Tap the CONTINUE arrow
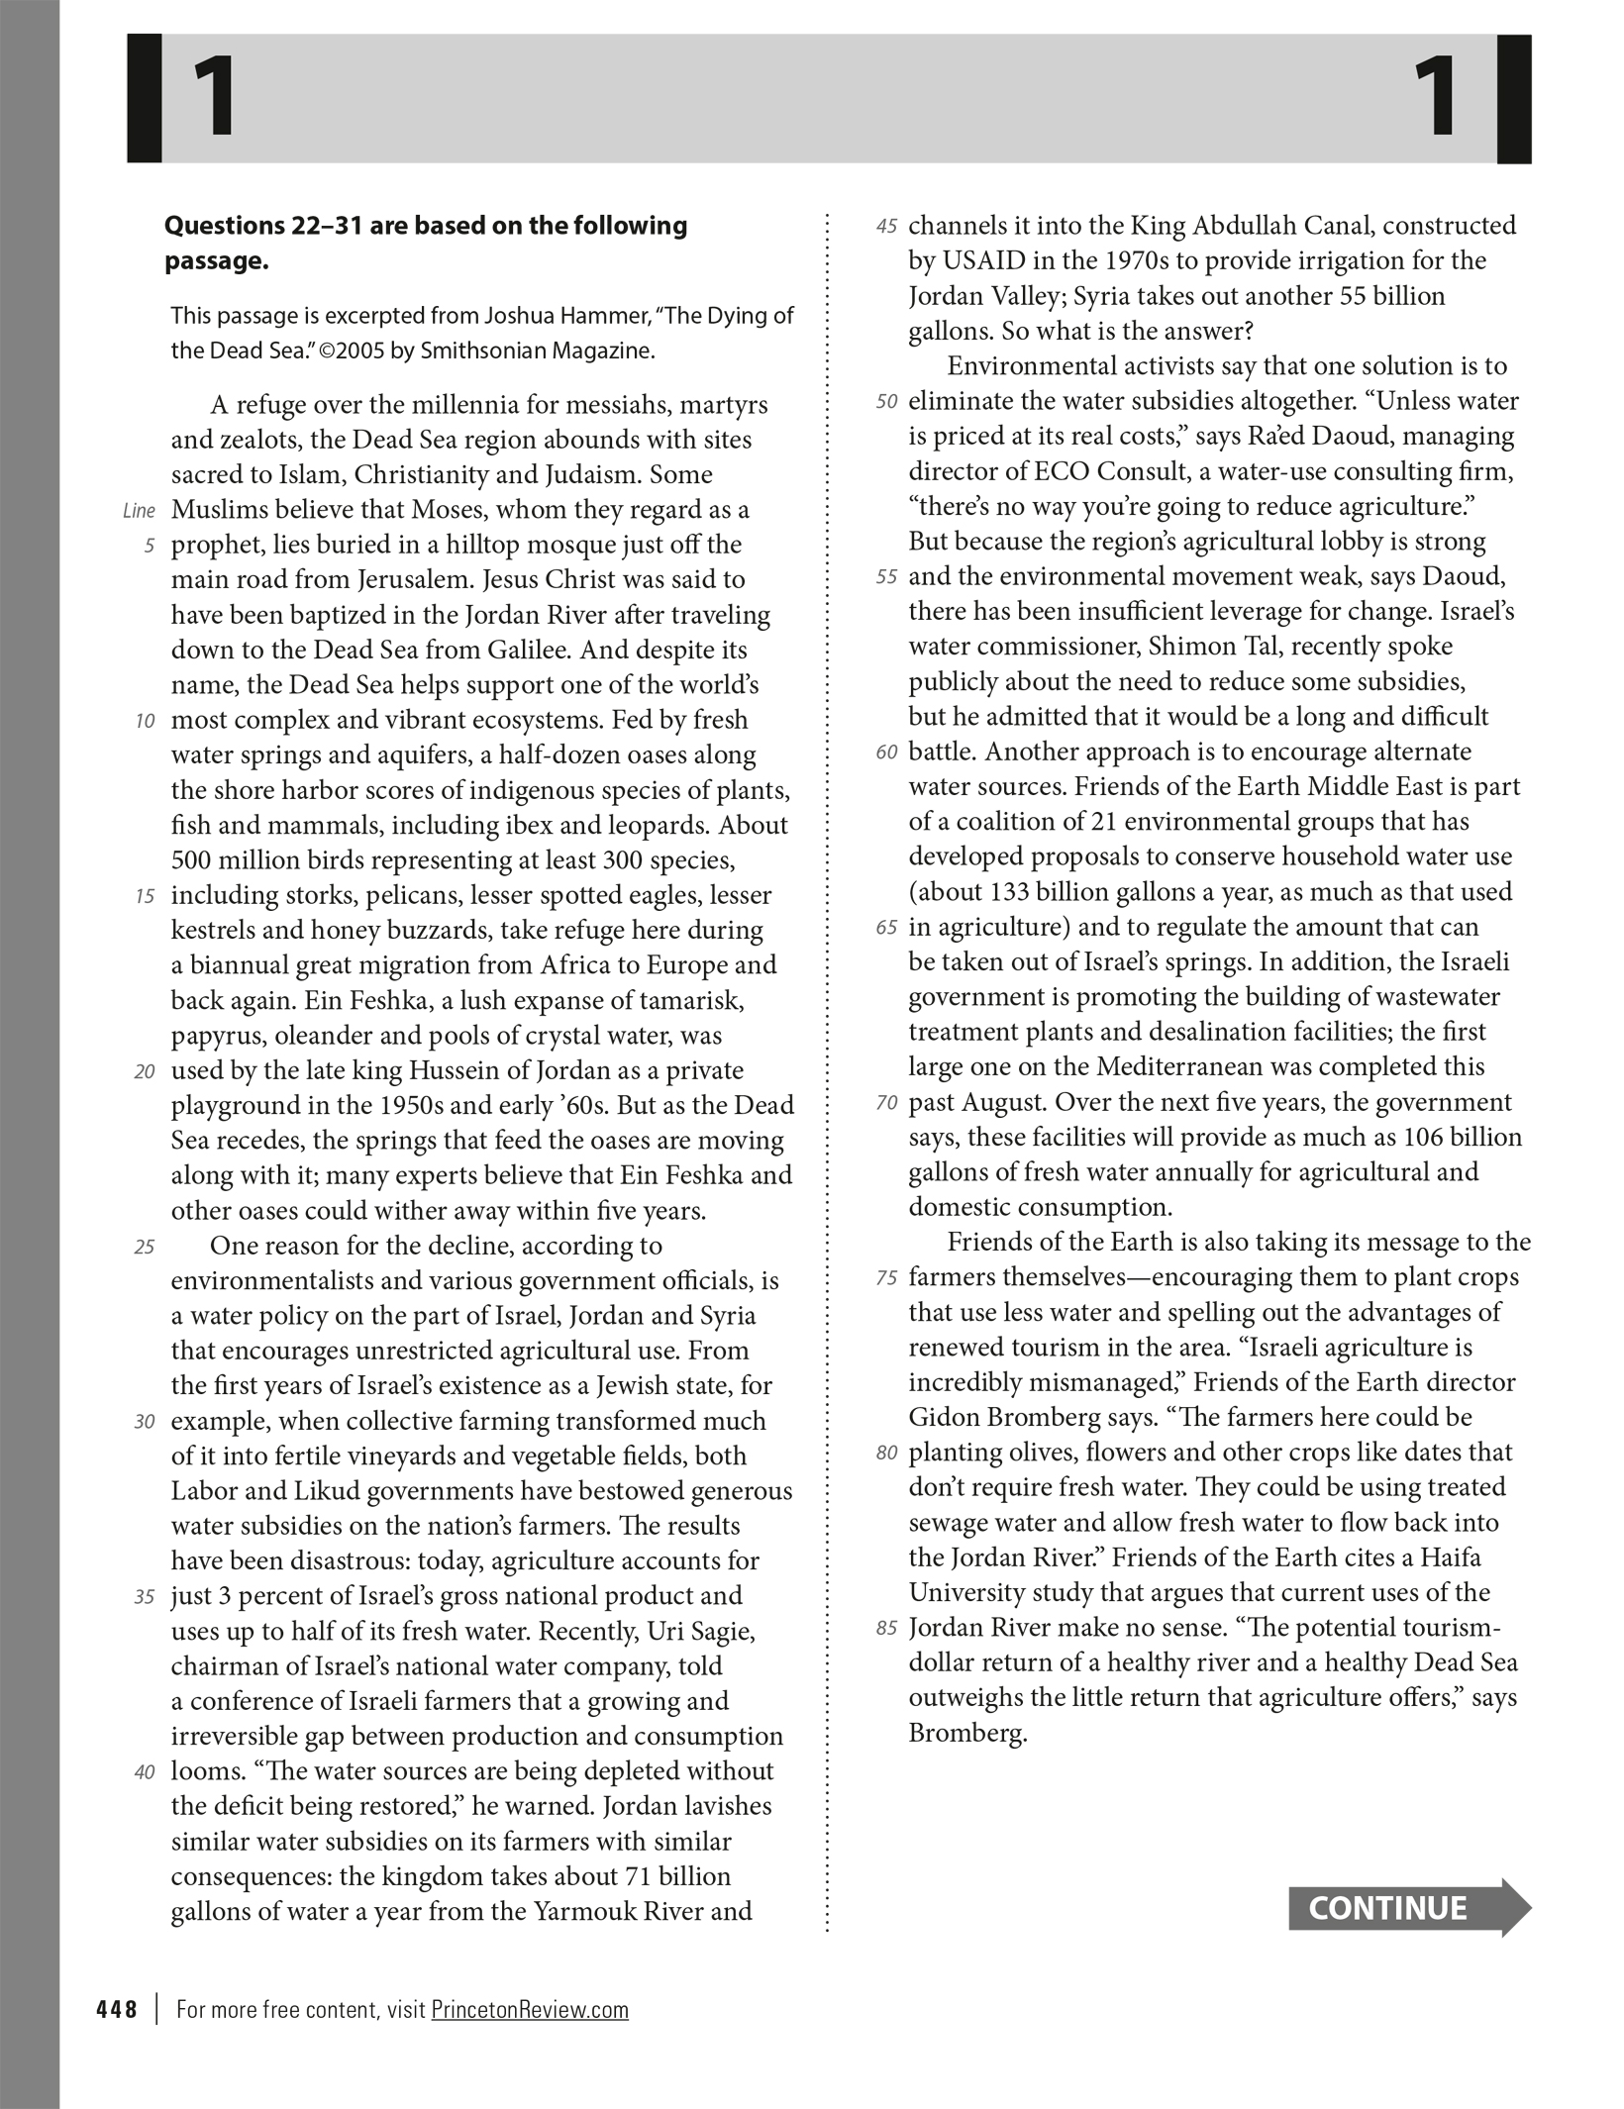[1407, 1908]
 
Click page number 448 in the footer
[117, 2009]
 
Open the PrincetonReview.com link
[530, 2009]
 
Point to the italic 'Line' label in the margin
[139, 511]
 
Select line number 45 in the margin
[886, 227]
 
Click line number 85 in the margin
[886, 1628]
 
